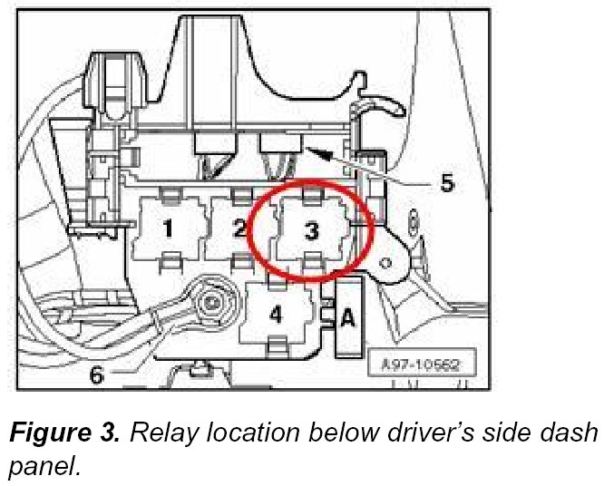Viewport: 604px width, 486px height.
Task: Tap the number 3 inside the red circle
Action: [311, 232]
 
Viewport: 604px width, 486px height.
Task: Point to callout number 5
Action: [446, 182]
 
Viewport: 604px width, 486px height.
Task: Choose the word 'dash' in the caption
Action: [570, 433]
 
